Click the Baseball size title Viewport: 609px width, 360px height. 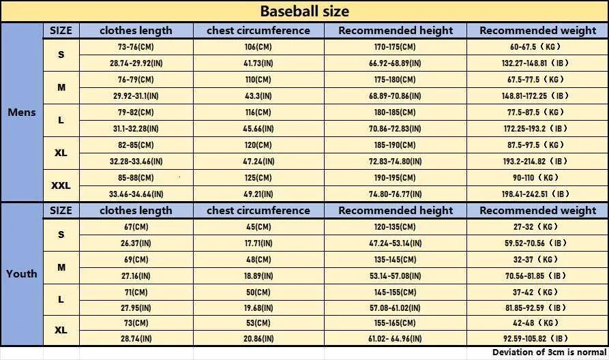[304, 11]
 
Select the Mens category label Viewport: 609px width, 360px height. [22, 112]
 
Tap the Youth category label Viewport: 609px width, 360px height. [21, 274]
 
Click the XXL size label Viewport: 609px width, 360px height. [61, 185]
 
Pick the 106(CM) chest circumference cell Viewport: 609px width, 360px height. [258, 46]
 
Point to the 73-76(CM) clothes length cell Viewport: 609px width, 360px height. [136, 46]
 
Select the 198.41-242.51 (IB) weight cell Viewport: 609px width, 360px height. [535, 194]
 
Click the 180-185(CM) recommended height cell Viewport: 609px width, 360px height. [395, 112]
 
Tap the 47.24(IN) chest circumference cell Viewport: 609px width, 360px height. [258, 161]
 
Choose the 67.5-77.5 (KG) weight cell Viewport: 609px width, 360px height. [535, 79]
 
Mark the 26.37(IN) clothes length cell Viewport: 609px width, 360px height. [136, 243]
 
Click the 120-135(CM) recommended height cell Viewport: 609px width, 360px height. [395, 227]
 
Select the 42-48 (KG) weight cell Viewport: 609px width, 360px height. [535, 322]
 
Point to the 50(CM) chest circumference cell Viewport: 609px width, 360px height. [258, 292]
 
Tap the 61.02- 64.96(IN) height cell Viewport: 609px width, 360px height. [395, 339]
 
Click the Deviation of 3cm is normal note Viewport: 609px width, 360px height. [549, 352]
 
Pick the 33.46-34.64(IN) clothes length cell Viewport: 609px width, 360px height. [136, 194]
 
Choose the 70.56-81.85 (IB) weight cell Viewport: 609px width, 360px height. [535, 275]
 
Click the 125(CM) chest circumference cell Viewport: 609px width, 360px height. [258, 177]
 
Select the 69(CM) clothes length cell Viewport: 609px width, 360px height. [136, 259]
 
